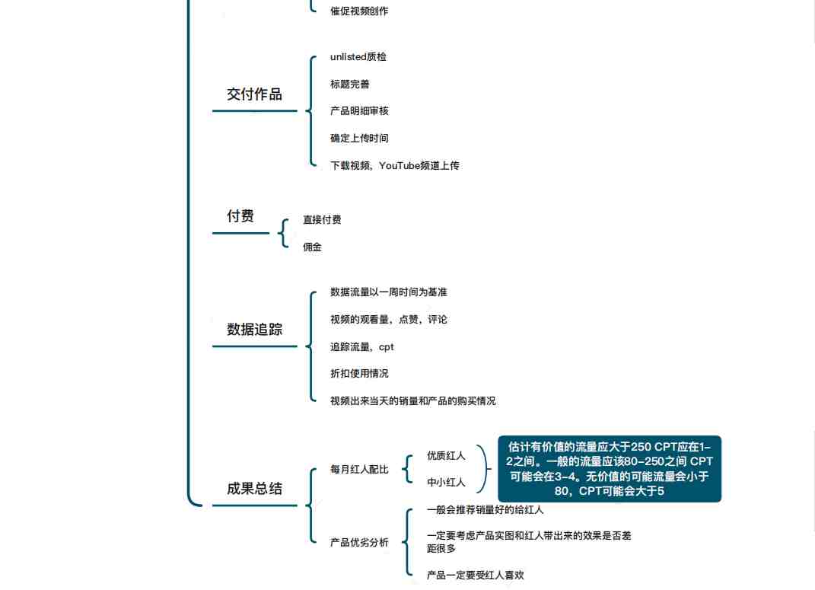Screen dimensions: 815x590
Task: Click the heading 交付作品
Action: (254, 94)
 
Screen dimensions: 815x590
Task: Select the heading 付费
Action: (240, 215)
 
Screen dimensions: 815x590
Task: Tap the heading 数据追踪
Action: (254, 329)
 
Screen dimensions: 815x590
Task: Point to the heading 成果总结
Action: (254, 488)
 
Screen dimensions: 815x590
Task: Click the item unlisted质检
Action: (358, 56)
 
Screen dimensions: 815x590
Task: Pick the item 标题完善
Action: (350, 85)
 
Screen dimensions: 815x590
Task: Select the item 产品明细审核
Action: (359, 110)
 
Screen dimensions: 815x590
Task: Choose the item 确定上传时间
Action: (359, 139)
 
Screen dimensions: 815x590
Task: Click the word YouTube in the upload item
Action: (400, 165)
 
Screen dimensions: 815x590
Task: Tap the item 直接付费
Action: (322, 219)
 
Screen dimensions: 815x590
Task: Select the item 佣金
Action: (313, 247)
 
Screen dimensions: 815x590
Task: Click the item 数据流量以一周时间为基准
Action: (388, 292)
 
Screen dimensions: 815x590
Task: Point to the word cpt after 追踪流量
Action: (386, 347)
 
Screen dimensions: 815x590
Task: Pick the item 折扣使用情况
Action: (359, 373)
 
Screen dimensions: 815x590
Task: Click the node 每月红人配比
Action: (359, 470)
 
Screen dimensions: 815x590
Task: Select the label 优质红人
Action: (446, 455)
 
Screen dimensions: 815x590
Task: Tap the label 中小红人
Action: (446, 483)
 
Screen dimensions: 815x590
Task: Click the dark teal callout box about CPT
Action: (610, 469)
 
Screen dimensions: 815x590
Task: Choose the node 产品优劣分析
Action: (359, 542)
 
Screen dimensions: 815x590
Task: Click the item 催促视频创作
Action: (359, 11)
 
